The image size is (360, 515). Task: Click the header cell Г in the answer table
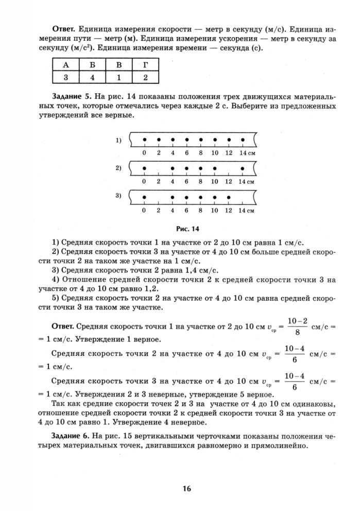(145, 65)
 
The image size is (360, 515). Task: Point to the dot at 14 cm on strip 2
(243, 168)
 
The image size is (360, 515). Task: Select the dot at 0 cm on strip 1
(145, 139)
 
